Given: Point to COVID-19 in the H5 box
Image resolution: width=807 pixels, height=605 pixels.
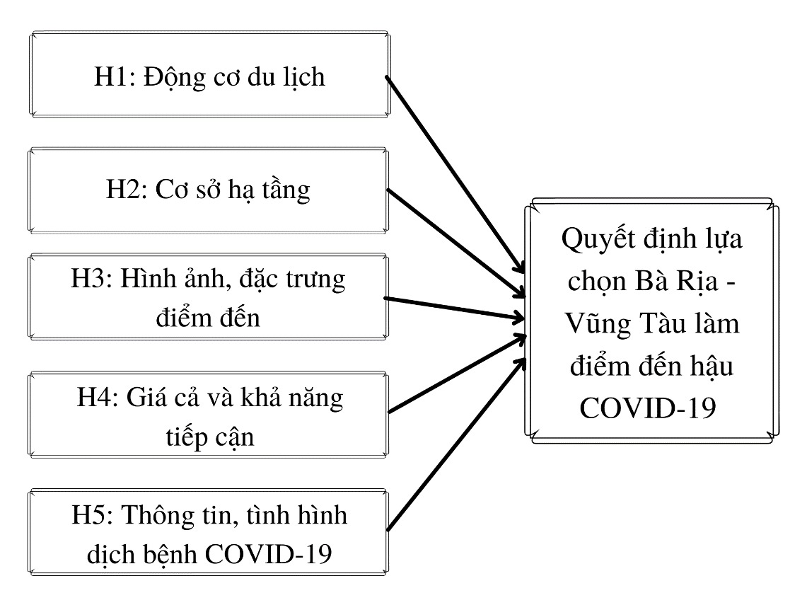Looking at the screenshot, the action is (268, 555).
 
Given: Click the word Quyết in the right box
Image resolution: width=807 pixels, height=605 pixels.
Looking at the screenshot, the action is (598, 239).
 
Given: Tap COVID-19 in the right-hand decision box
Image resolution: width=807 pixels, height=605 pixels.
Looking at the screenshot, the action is (648, 408).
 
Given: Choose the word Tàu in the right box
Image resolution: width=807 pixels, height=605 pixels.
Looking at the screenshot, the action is (663, 323).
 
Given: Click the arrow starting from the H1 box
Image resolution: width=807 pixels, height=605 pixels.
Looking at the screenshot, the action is (455, 175).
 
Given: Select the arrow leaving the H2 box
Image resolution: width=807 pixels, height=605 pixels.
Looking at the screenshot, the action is (456, 243).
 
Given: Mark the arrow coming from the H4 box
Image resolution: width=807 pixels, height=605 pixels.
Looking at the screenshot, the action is (458, 374).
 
